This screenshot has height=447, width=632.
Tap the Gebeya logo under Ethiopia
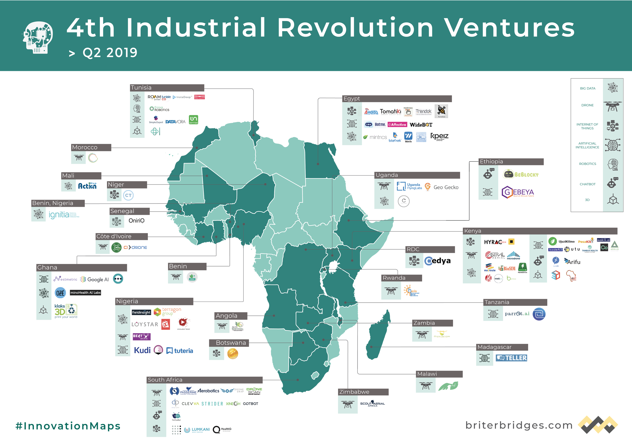(517, 192)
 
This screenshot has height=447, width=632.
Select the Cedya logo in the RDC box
(437, 260)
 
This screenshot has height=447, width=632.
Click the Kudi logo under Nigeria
(142, 350)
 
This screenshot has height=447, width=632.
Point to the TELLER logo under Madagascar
(511, 358)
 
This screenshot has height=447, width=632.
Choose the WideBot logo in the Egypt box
(421, 125)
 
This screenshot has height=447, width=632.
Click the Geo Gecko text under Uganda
(446, 187)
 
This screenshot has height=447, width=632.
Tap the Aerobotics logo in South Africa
(208, 391)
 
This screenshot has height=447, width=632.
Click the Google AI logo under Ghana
(95, 279)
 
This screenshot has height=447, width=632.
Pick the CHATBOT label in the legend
(588, 184)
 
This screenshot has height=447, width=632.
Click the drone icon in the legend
(613, 106)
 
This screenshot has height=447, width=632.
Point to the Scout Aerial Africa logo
(372, 404)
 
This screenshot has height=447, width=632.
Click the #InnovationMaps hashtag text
(68, 426)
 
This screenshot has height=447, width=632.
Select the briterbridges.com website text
(518, 425)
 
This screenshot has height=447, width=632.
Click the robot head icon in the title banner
(38, 37)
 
